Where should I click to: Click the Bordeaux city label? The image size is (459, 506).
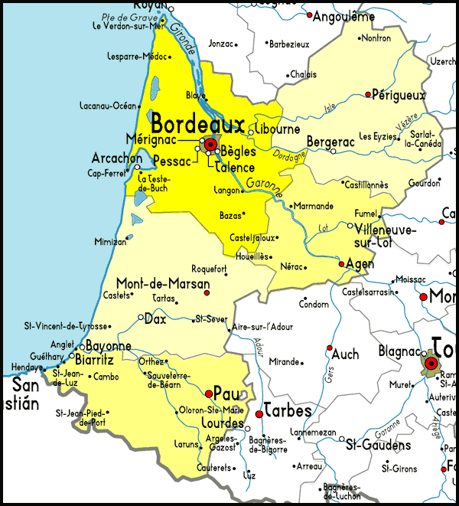(x=197, y=124)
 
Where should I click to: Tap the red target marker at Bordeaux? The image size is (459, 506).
(x=210, y=144)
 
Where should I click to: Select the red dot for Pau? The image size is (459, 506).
(x=209, y=393)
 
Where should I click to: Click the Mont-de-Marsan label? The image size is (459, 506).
(x=162, y=282)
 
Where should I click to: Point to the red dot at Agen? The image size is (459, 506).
(x=341, y=264)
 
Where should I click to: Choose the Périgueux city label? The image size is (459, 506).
(x=398, y=96)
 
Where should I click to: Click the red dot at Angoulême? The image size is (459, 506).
(x=309, y=15)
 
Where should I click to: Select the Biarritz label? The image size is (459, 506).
(x=95, y=359)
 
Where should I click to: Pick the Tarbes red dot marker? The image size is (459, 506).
(x=259, y=413)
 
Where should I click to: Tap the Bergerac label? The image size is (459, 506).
(x=331, y=142)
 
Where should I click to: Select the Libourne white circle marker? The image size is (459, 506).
(x=250, y=132)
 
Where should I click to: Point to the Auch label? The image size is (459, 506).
(x=345, y=354)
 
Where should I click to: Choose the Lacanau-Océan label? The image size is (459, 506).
(x=107, y=106)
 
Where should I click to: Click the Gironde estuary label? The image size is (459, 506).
(x=182, y=39)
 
